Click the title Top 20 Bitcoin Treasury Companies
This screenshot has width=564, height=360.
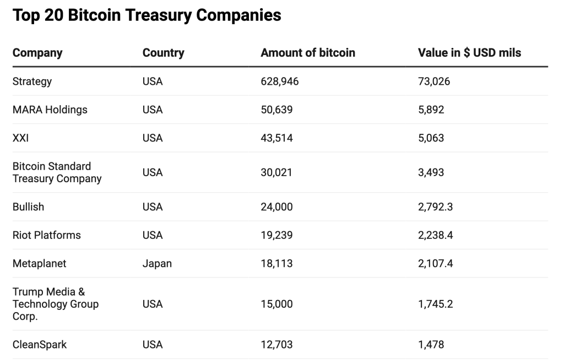(x=147, y=15)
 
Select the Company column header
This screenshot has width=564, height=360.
(x=37, y=53)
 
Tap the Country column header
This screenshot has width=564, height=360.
(x=163, y=53)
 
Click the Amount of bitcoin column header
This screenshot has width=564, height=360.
(x=308, y=53)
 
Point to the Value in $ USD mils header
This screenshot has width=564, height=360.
(x=469, y=53)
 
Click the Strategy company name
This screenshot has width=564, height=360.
(x=32, y=81)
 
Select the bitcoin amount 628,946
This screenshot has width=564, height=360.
(x=279, y=81)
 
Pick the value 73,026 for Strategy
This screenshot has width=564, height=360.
(x=434, y=81)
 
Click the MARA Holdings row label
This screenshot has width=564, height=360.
(x=50, y=110)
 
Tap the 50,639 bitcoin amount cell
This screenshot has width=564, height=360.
(x=276, y=110)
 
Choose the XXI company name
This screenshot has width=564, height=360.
(x=20, y=138)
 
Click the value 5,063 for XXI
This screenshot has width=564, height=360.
(x=431, y=138)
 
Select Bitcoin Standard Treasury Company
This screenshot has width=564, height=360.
(x=57, y=172)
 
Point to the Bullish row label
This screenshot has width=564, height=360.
(x=28, y=207)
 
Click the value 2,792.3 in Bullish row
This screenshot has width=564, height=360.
(x=436, y=207)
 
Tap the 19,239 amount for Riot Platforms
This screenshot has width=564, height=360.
(x=276, y=235)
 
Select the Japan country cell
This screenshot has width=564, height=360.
(x=157, y=264)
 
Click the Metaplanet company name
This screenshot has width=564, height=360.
(x=39, y=264)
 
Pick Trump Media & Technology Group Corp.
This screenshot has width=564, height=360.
(x=55, y=304)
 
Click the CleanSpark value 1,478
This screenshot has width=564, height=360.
(x=431, y=345)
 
